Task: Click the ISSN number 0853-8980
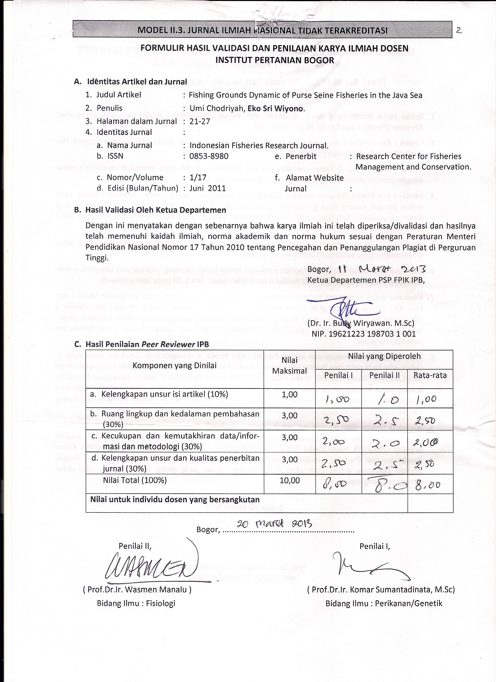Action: click(209, 156)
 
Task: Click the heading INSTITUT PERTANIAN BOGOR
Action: click(275, 60)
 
